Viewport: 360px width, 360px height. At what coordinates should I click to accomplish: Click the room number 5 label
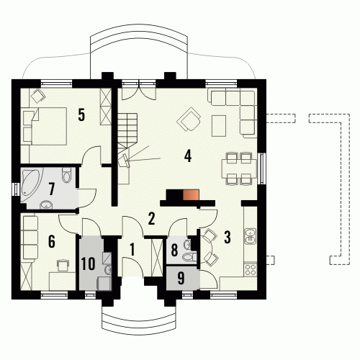[81, 114]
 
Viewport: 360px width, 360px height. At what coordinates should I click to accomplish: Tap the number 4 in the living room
[188, 156]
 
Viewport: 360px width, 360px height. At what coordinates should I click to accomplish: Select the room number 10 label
[88, 264]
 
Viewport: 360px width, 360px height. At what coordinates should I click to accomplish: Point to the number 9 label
[181, 278]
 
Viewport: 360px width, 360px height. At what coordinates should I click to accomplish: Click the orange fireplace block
[191, 194]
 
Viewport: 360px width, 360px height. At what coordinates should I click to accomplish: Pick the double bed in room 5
[44, 126]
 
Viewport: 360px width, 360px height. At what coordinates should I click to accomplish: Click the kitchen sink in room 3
[251, 235]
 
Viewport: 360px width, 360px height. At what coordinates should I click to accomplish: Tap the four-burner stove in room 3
[251, 269]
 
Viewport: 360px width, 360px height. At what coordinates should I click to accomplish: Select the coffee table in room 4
[219, 126]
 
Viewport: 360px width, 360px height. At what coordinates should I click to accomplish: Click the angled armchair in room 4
[189, 119]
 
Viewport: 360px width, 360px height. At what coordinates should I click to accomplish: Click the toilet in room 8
[190, 257]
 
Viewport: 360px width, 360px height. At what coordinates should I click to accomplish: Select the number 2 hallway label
[151, 219]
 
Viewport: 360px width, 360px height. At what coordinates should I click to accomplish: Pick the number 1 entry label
[132, 249]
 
